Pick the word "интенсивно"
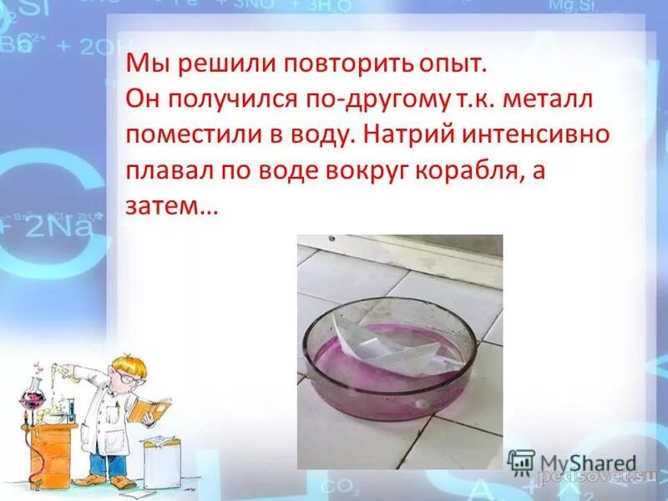[x=556, y=135]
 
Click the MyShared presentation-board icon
[x=521, y=463]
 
